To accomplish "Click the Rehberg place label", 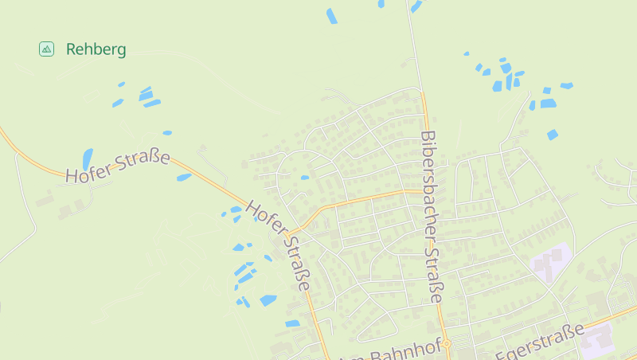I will click(96, 49).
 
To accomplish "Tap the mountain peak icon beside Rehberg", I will click(47, 49).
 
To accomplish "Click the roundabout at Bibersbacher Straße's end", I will click(447, 344).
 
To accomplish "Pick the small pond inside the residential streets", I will click(305, 178).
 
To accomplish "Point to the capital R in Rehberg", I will click(72, 49).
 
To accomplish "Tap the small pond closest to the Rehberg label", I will click(121, 84).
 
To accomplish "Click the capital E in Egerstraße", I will click(502, 354).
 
